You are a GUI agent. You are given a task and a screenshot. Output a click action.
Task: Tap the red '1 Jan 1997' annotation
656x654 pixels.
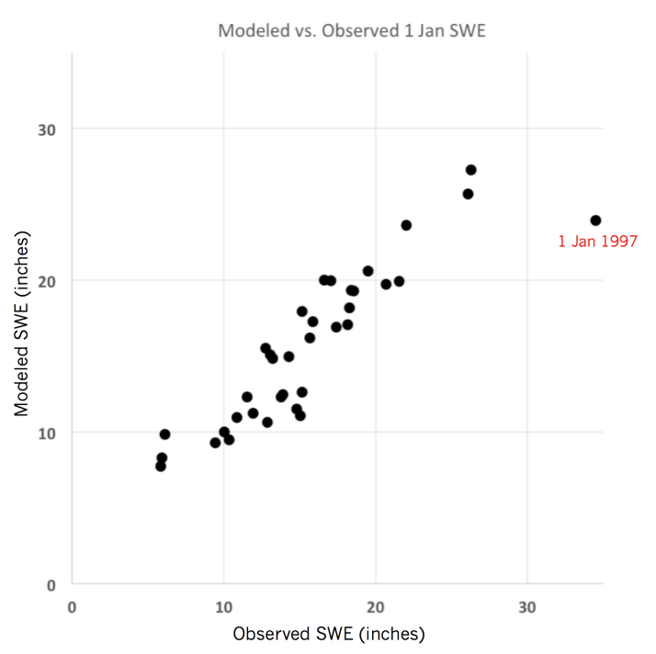[597, 242]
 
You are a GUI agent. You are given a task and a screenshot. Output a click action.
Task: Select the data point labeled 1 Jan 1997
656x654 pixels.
[595, 220]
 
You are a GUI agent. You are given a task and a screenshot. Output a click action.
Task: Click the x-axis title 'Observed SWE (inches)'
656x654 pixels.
[328, 634]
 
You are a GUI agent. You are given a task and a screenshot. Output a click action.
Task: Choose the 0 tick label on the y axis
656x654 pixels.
[52, 584]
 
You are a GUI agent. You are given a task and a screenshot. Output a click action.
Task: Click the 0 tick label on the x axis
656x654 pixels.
[72, 606]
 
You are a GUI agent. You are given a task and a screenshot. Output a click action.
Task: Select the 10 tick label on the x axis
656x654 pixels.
[223, 606]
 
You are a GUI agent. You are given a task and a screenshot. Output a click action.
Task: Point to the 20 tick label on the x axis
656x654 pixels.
[375, 606]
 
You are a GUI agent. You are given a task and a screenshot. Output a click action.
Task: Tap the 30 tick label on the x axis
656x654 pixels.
[527, 606]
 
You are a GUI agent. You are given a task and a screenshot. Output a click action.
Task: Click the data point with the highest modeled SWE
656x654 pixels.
[471, 170]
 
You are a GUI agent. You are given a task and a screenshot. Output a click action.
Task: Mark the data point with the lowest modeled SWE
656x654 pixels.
[161, 466]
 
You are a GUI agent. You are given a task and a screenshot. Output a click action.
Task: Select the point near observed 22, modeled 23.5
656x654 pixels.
[406, 225]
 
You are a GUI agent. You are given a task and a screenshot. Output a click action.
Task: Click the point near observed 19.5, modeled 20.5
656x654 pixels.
[368, 271]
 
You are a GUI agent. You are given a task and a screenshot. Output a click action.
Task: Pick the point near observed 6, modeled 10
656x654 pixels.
[164, 434]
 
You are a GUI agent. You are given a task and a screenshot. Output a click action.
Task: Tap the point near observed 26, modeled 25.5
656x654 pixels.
[468, 194]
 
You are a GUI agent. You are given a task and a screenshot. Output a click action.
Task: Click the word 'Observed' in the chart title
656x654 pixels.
[333, 30]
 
